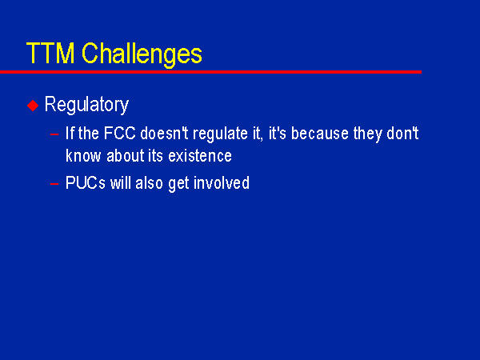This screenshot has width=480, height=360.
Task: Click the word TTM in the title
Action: coord(50,53)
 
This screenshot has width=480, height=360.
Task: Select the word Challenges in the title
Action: coord(142,55)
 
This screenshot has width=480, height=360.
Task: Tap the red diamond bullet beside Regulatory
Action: coord(33,106)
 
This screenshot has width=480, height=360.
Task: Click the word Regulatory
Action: coord(86,105)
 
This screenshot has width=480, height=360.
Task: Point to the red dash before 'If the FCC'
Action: coord(54,134)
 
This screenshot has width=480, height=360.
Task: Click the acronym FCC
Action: coord(120,133)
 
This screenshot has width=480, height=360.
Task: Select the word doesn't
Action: coord(164,133)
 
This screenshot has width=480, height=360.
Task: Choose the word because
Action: coord(320,134)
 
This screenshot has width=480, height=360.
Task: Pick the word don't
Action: coord(402,133)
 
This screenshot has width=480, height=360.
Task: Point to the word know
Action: coord(83,155)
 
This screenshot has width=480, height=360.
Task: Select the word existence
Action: coord(200,155)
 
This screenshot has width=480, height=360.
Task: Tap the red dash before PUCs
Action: coord(54,184)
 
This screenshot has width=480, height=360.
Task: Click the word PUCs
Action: coord(86,182)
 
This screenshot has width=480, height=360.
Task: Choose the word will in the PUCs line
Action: coord(120,182)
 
